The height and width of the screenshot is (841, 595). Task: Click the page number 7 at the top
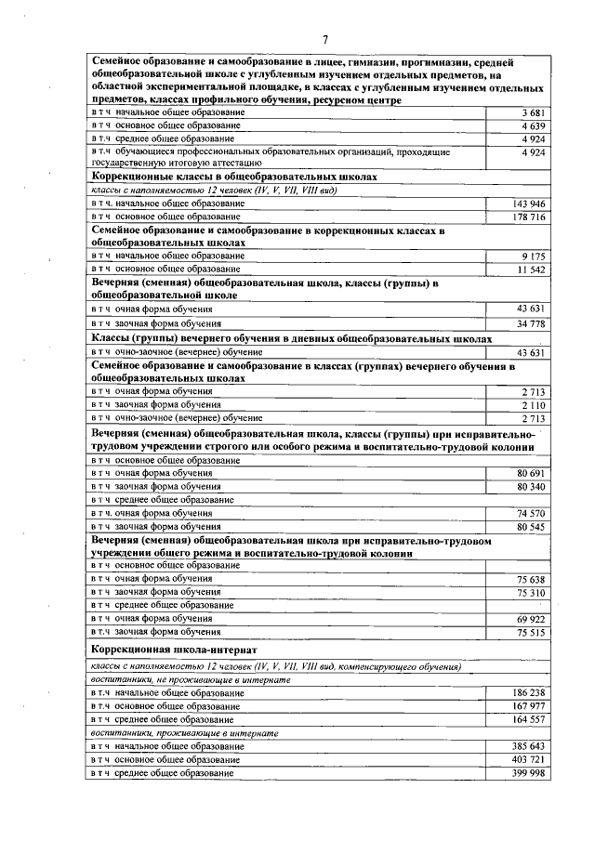pos(325,38)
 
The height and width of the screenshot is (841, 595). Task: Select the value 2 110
pos(531,404)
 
